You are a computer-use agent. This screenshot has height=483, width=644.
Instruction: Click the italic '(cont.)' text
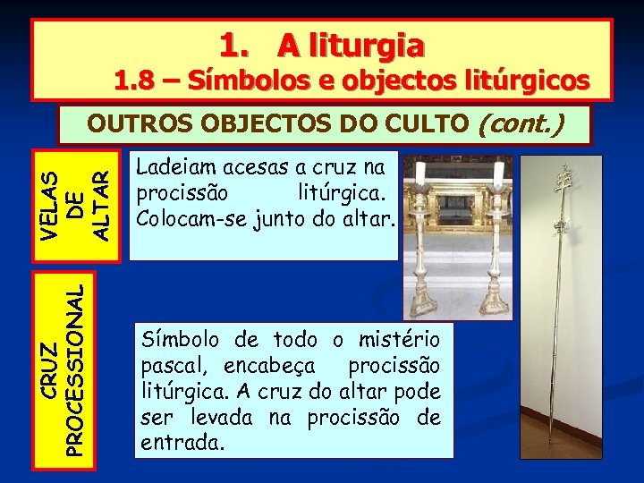521,123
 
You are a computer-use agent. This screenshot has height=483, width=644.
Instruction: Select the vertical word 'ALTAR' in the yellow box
102,207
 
